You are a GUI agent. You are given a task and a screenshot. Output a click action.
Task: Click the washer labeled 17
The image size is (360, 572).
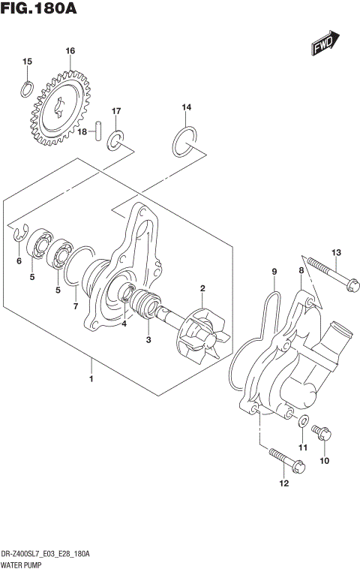[116, 140]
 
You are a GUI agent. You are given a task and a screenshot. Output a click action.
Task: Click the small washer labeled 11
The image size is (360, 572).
[302, 421]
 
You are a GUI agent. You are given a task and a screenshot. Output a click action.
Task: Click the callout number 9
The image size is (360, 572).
[274, 271]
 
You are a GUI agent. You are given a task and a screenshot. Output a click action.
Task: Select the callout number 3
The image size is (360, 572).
[148, 339]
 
